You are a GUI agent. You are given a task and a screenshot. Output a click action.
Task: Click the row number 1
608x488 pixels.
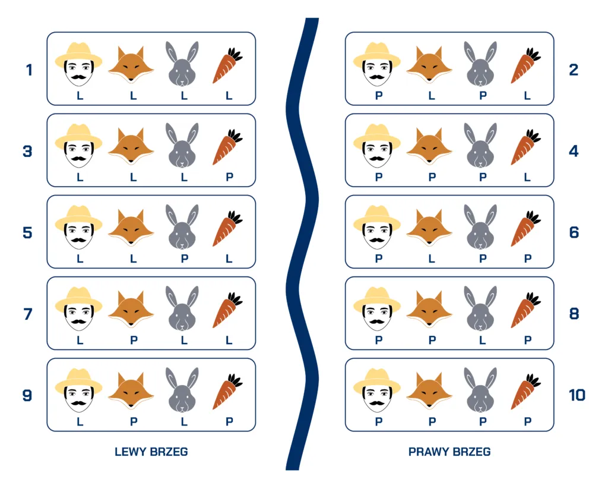click(x=28, y=70)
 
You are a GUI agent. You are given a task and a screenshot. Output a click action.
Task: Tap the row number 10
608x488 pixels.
click(x=577, y=396)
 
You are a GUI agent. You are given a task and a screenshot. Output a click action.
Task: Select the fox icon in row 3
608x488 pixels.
click(x=131, y=145)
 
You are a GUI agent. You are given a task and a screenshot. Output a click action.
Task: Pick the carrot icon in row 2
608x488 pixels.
click(x=525, y=65)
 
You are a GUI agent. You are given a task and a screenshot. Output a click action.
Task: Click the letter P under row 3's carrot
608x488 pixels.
click(x=230, y=177)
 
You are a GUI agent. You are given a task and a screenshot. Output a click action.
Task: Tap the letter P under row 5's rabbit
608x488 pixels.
click(x=185, y=259)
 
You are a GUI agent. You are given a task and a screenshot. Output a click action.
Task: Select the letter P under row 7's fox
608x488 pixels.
click(x=134, y=340)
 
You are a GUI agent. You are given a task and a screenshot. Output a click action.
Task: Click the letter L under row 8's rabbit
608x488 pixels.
click(x=482, y=340)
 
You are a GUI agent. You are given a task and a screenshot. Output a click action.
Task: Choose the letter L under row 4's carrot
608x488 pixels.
click(x=527, y=177)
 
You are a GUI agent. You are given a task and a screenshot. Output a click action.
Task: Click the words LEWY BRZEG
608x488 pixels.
click(x=151, y=452)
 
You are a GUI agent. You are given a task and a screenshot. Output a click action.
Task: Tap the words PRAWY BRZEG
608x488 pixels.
click(x=449, y=452)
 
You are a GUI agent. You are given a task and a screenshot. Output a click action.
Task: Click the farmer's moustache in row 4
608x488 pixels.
click(x=377, y=158)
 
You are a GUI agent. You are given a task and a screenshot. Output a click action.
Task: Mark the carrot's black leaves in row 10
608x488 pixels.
click(x=533, y=380)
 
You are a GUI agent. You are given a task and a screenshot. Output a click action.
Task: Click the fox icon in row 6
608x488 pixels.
click(x=429, y=226)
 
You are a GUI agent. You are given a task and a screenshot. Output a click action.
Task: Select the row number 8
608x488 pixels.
click(x=574, y=314)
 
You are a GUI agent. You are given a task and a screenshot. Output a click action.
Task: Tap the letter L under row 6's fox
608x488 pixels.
click(x=431, y=259)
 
